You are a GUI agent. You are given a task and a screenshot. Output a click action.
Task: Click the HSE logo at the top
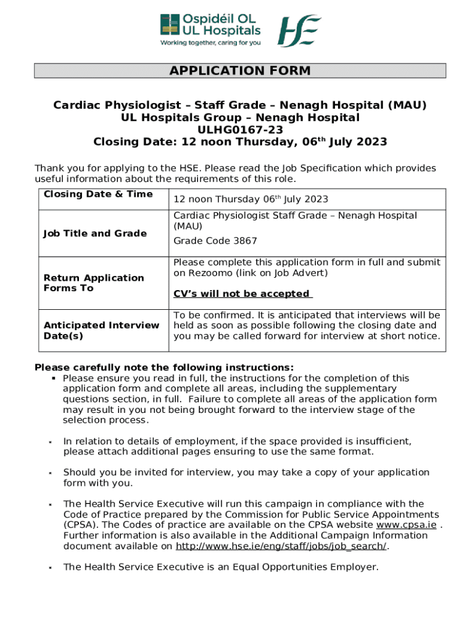click(299, 30)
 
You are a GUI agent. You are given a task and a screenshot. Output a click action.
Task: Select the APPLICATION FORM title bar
click(240, 71)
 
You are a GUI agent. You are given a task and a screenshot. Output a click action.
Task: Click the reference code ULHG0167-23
click(240, 130)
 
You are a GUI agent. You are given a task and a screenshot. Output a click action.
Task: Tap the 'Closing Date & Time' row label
click(98, 194)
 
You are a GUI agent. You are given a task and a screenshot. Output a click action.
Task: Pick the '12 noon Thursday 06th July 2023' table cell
click(250, 199)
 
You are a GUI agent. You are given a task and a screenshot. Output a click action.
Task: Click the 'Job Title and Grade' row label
click(95, 233)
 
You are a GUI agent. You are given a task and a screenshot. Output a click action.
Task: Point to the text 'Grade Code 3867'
click(215, 241)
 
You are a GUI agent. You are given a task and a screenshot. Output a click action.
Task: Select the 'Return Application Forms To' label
click(94, 283)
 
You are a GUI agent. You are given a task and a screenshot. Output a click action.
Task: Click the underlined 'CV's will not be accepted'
click(242, 294)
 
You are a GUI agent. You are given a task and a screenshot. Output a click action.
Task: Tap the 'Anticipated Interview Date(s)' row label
click(101, 330)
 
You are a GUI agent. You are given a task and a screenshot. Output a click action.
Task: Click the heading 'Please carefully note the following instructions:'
click(164, 367)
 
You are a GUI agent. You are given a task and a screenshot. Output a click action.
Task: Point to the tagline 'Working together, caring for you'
click(210, 43)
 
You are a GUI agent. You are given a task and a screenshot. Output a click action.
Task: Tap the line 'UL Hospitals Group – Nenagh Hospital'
click(240, 117)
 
